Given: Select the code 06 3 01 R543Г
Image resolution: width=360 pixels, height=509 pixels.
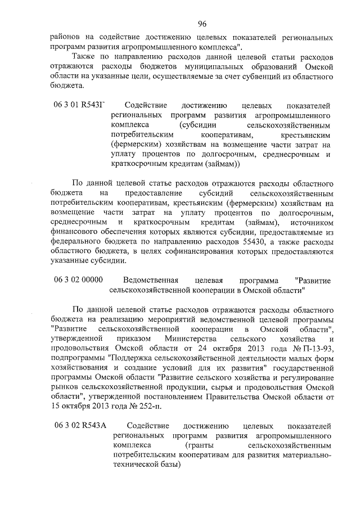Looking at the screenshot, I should pyautogui.click(x=80, y=105).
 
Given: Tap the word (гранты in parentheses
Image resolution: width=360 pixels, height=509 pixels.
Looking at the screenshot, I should pyautogui.click(x=197, y=445).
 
